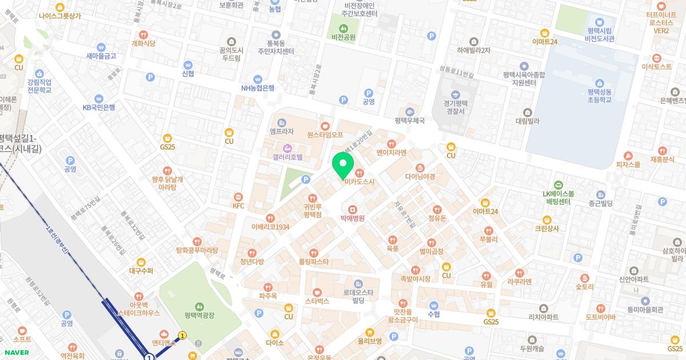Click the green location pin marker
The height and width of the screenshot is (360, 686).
pyautogui.click(x=343, y=164)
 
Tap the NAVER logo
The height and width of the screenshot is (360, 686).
pyautogui.click(x=17, y=353)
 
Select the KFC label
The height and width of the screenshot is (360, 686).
pyautogui.click(x=238, y=205)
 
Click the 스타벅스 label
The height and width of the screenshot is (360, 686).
pyautogui.click(x=317, y=300)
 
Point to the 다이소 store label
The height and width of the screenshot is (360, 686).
pyautogui.click(x=274, y=343)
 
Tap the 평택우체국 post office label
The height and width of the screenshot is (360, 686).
pyautogui.click(x=410, y=121)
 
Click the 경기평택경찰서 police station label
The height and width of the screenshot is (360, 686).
pyautogui.click(x=455, y=107)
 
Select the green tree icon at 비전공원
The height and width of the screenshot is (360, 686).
pyautogui.click(x=343, y=28)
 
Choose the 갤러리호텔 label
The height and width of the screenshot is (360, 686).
pyautogui.click(x=288, y=157)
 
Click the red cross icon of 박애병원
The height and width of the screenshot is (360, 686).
pyautogui.click(x=353, y=209)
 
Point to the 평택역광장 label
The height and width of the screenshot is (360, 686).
pyautogui.click(x=199, y=315)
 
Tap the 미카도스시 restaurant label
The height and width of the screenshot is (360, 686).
pyautogui.click(x=359, y=182)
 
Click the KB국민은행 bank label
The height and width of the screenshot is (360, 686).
pyautogui.click(x=99, y=107)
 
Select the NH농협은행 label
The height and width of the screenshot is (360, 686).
pyautogui.click(x=257, y=88)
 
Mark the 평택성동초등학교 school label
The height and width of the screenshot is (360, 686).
pyautogui.click(x=599, y=95)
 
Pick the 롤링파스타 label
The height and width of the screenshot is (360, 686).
pyautogui.click(x=313, y=261)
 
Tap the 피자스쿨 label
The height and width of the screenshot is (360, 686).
pyautogui.click(x=628, y=164)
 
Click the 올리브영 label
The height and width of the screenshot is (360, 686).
pyautogui.click(x=369, y=341)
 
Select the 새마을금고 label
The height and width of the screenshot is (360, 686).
pyautogui.click(x=101, y=55)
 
